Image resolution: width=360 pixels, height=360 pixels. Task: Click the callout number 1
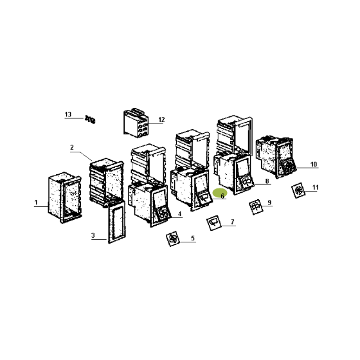[36, 203]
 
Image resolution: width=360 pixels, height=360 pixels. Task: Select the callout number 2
[72, 147]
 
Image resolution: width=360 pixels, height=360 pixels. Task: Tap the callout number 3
[93, 235]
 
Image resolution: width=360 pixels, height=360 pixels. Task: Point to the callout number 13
[68, 114]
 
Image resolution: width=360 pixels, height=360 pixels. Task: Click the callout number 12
[161, 120]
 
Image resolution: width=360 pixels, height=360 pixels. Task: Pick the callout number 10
[314, 164]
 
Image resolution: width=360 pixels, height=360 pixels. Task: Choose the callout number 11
[316, 188]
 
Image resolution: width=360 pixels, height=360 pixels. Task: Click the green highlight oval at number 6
[220, 194]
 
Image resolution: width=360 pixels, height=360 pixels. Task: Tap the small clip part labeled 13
[90, 120]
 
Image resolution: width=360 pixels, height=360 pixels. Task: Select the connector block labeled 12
[136, 123]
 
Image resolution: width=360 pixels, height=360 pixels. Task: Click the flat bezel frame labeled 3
[116, 221]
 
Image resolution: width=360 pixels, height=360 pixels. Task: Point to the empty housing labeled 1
[65, 197]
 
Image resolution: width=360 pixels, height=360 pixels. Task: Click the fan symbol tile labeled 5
[173, 239]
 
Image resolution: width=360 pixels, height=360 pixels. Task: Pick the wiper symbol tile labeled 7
[214, 223]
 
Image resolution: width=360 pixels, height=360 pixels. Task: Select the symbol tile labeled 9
[256, 207]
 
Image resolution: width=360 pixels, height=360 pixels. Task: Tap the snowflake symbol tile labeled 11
[298, 190]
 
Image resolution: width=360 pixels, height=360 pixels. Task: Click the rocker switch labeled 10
[276, 157]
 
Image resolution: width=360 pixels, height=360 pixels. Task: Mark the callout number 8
[267, 181]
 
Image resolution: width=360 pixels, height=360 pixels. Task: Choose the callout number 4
[179, 214]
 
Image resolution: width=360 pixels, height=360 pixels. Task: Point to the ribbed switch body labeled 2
[106, 181]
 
